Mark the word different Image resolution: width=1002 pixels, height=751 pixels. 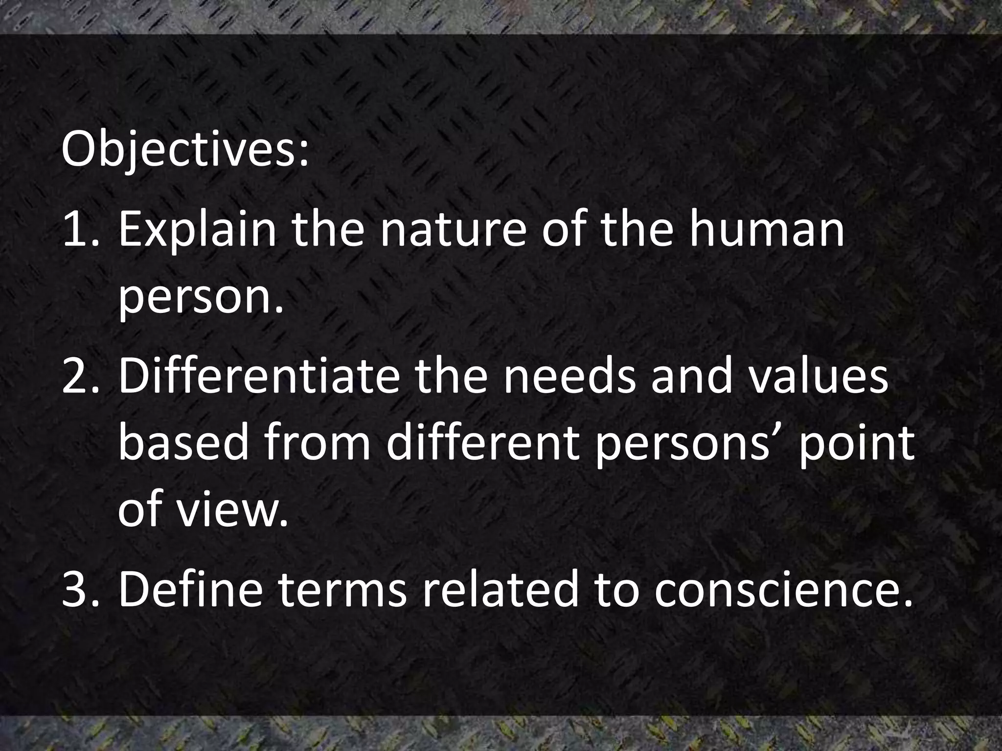pyautogui.click(x=482, y=443)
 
